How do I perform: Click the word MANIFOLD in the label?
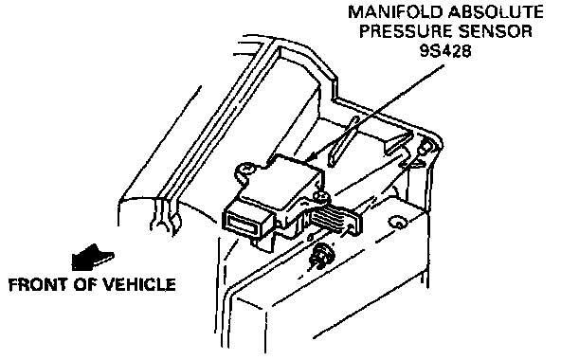point(396,12)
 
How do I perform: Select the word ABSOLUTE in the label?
point(496,12)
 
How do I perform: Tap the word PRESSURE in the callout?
point(406,31)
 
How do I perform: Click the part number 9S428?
point(445,51)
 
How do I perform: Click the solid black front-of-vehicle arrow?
point(92,258)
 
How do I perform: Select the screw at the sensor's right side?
point(320,195)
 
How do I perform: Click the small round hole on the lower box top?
point(397,223)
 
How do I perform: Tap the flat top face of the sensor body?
point(282,181)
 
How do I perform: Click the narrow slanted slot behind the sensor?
point(341,142)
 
